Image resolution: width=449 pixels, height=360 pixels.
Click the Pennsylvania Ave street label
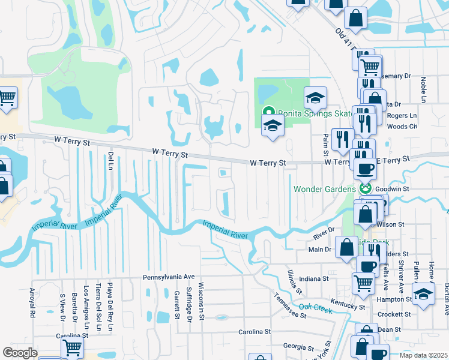pyautogui.click(x=169, y=277)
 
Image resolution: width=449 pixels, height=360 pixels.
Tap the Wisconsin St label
pyautogui.click(x=202, y=298)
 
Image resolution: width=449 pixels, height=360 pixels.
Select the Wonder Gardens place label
pyautogui.click(x=324, y=190)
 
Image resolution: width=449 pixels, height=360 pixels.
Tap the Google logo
pyautogui.click(x=20, y=353)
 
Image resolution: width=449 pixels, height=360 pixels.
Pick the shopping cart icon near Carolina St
pyautogui.click(x=72, y=346)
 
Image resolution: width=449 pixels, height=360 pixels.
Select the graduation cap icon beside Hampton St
pyautogui.click(x=423, y=294)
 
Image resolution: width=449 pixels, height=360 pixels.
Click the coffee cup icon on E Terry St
pyautogui.click(x=364, y=169)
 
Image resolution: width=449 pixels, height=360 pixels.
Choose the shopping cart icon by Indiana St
pyautogui.click(x=363, y=281)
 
